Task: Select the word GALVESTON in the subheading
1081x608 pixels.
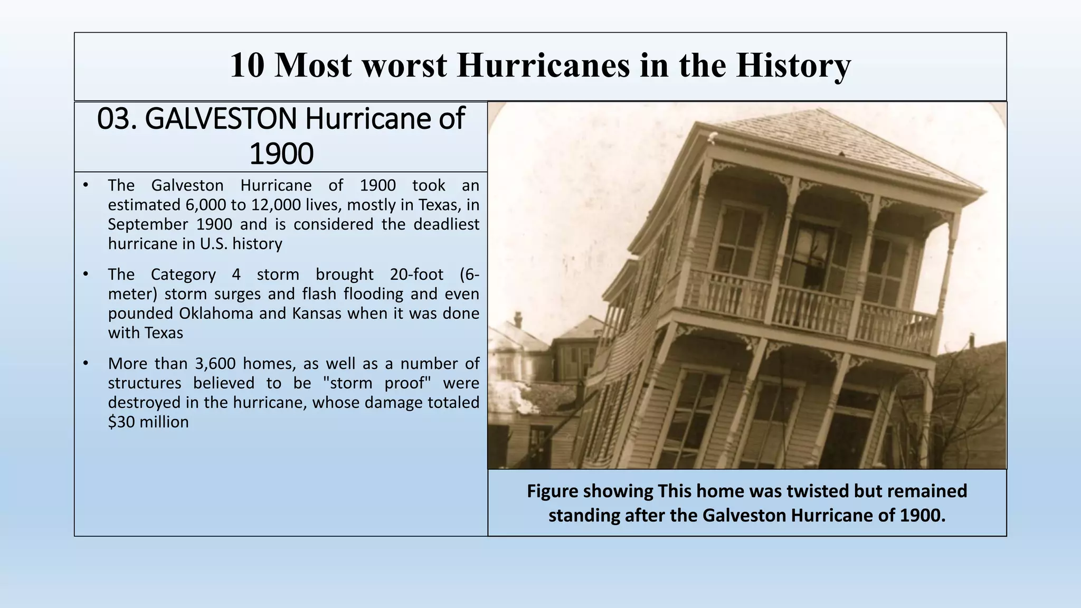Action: (221, 118)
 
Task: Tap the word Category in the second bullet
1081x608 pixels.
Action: (183, 274)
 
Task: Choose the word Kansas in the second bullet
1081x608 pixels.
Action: (317, 313)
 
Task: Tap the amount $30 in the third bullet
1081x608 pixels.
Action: (121, 422)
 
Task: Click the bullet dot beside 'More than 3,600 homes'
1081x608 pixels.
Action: (85, 364)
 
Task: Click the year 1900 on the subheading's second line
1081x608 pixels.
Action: (281, 154)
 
